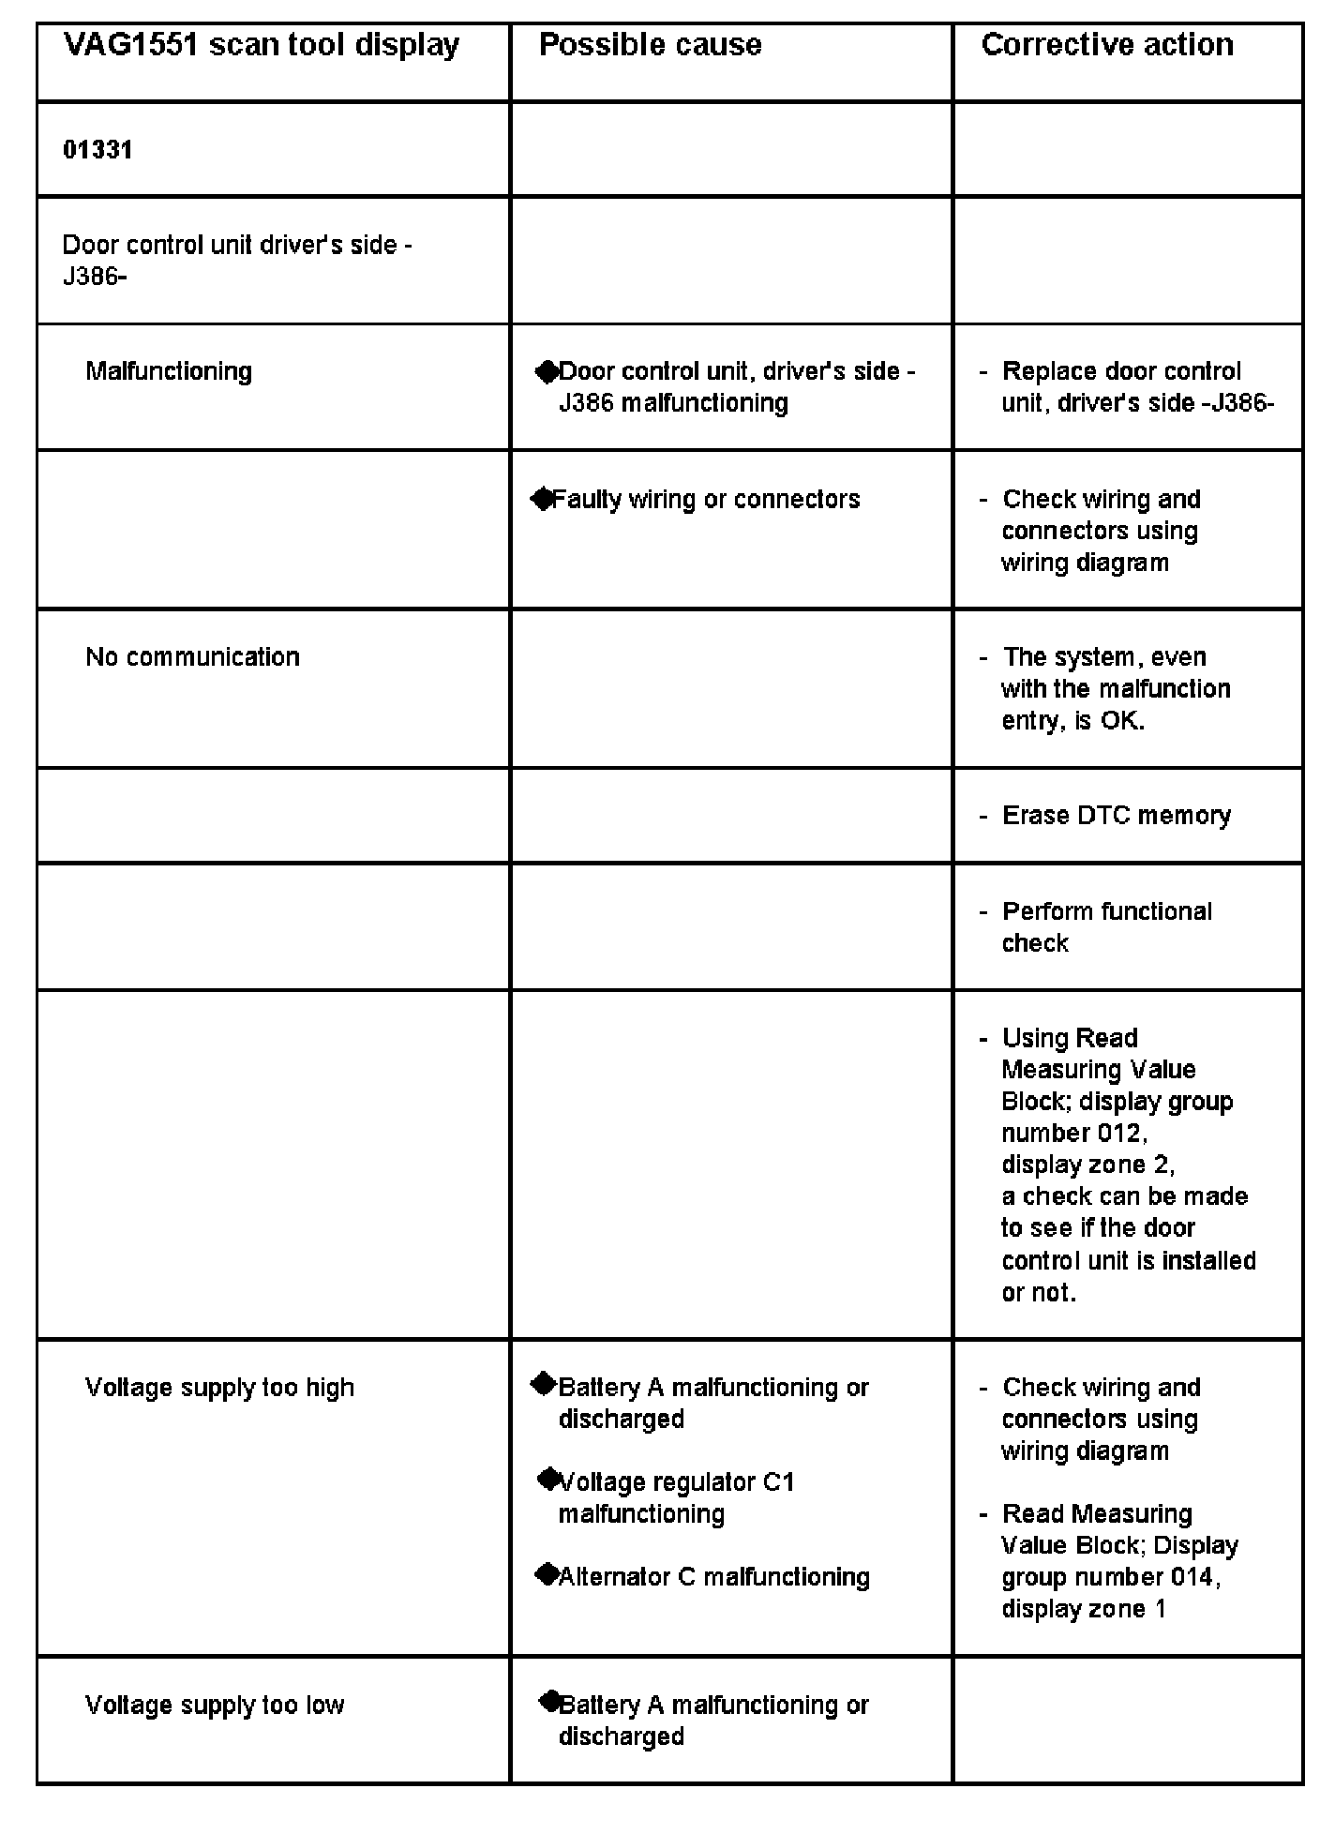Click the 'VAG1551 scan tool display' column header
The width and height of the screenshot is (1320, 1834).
click(261, 45)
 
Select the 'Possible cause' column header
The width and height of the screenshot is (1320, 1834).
click(650, 45)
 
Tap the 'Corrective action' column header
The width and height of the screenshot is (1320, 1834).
click(1106, 45)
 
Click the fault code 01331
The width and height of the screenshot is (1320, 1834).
click(97, 150)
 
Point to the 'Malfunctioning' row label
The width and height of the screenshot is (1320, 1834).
click(169, 371)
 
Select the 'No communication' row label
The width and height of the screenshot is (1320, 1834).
click(192, 656)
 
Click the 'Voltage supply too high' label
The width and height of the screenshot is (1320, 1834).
click(219, 1388)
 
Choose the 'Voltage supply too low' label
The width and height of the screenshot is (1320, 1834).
click(215, 1705)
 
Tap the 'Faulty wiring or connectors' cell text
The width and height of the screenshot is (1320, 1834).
click(705, 499)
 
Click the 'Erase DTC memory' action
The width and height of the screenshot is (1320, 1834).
click(1116, 816)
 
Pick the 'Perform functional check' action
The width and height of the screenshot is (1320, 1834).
click(1106, 926)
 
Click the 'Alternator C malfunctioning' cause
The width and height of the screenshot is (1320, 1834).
click(713, 1577)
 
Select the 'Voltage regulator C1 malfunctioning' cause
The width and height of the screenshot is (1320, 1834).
click(675, 1497)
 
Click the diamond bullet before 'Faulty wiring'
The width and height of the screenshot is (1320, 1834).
click(543, 499)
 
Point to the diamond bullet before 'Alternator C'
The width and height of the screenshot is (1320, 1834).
click(546, 1575)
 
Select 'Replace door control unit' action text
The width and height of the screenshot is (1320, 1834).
click(1121, 371)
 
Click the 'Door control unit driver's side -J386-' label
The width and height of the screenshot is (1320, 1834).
click(236, 261)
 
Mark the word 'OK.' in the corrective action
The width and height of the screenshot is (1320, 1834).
click(1122, 721)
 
